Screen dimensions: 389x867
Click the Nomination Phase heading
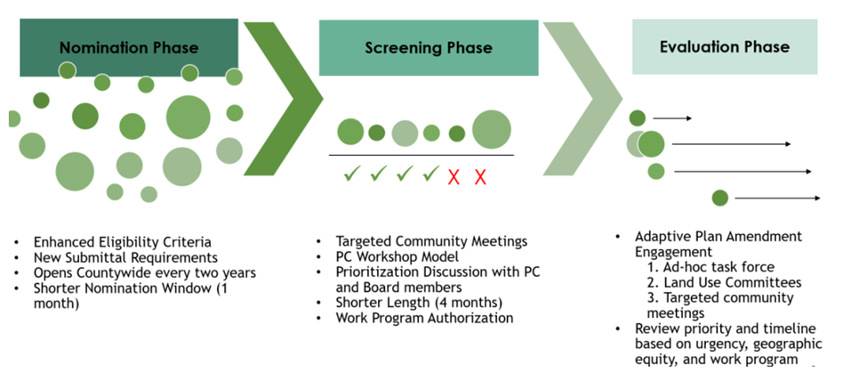[x=129, y=47]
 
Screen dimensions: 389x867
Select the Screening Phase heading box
[x=429, y=47]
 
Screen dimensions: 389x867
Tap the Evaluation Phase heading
[x=724, y=46]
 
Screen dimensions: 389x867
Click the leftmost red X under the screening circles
[x=454, y=176]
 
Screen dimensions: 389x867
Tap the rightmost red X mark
[x=480, y=176]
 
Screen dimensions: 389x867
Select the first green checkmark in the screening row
[x=351, y=174]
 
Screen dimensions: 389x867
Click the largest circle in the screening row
[x=491, y=130]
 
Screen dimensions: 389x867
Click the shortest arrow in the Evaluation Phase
[x=672, y=118]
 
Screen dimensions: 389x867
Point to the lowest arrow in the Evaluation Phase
[x=777, y=198]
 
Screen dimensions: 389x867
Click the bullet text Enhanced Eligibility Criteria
[x=123, y=241]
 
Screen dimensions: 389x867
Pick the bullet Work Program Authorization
[x=424, y=318]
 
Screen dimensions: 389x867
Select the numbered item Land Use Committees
[x=727, y=283]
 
